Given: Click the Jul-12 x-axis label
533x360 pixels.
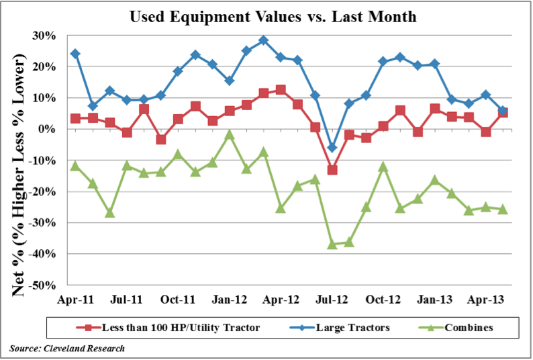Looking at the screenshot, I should tap(332, 298).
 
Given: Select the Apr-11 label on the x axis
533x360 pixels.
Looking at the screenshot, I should tap(75, 298).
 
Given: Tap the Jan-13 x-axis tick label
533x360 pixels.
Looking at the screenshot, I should tap(435, 298).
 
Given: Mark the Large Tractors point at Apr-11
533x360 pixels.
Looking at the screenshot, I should tap(75, 54).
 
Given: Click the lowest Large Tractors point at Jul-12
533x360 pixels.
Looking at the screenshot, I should tap(332, 147).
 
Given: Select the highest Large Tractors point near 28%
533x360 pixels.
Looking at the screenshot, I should tap(263, 40).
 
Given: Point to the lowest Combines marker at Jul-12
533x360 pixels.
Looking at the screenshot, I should tap(332, 244).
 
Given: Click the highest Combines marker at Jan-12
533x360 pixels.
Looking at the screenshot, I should tap(229, 134).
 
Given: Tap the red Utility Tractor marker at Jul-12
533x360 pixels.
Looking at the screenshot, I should tap(332, 170).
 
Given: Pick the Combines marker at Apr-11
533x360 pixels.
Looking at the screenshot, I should tap(75, 165).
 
